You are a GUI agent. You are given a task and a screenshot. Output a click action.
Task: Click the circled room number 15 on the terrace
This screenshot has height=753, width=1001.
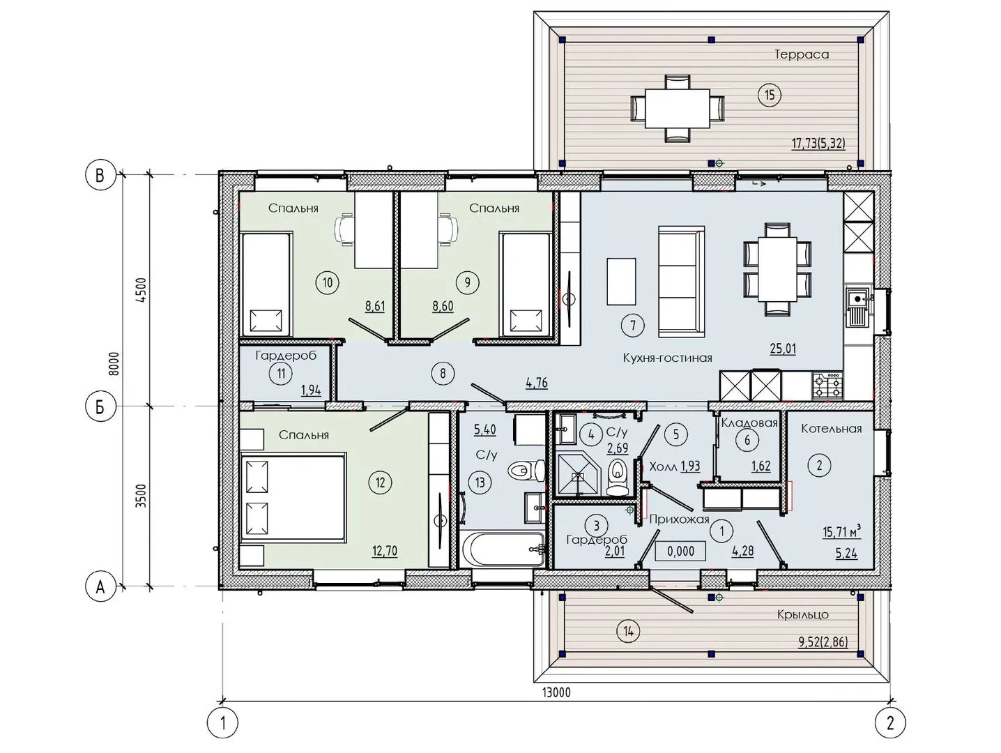pos(770,96)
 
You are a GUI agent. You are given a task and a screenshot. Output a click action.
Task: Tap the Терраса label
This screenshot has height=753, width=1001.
pos(802,54)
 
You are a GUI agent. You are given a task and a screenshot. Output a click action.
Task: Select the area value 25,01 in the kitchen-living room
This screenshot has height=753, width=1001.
pos(783,349)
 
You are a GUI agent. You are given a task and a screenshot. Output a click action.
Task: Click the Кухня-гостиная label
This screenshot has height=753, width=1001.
pos(668,358)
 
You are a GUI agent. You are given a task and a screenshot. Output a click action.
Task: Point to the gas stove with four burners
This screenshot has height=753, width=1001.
pos(827,384)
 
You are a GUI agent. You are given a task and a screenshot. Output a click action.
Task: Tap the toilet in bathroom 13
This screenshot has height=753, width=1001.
pos(526,470)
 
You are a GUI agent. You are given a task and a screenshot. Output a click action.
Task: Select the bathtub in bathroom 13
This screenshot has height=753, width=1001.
pos(502,549)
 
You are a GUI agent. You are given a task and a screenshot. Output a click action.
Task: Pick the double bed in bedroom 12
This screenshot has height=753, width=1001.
pos(293,496)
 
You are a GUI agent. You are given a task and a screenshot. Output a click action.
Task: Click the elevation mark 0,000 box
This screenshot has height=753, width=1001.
pos(680,551)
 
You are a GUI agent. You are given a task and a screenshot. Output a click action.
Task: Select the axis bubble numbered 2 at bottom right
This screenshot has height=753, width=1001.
pos(890,724)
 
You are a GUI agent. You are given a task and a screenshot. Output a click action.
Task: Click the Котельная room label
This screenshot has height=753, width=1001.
pos(832,429)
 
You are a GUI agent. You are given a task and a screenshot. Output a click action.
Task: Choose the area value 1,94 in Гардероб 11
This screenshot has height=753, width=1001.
pos(311,391)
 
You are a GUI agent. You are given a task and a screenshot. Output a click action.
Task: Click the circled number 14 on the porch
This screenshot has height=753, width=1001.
pos(628,632)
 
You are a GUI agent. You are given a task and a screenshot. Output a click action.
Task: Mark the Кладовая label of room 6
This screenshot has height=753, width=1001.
pos(749,423)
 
